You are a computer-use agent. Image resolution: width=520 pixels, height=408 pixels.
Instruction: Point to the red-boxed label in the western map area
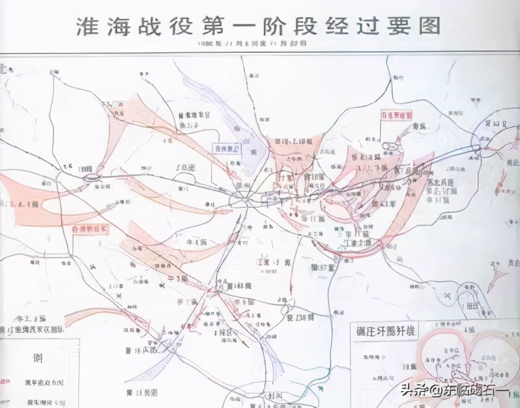(90, 229)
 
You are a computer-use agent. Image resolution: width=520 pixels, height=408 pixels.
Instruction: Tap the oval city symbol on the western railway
(90, 176)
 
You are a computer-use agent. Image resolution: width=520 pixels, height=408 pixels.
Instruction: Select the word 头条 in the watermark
(412, 390)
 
